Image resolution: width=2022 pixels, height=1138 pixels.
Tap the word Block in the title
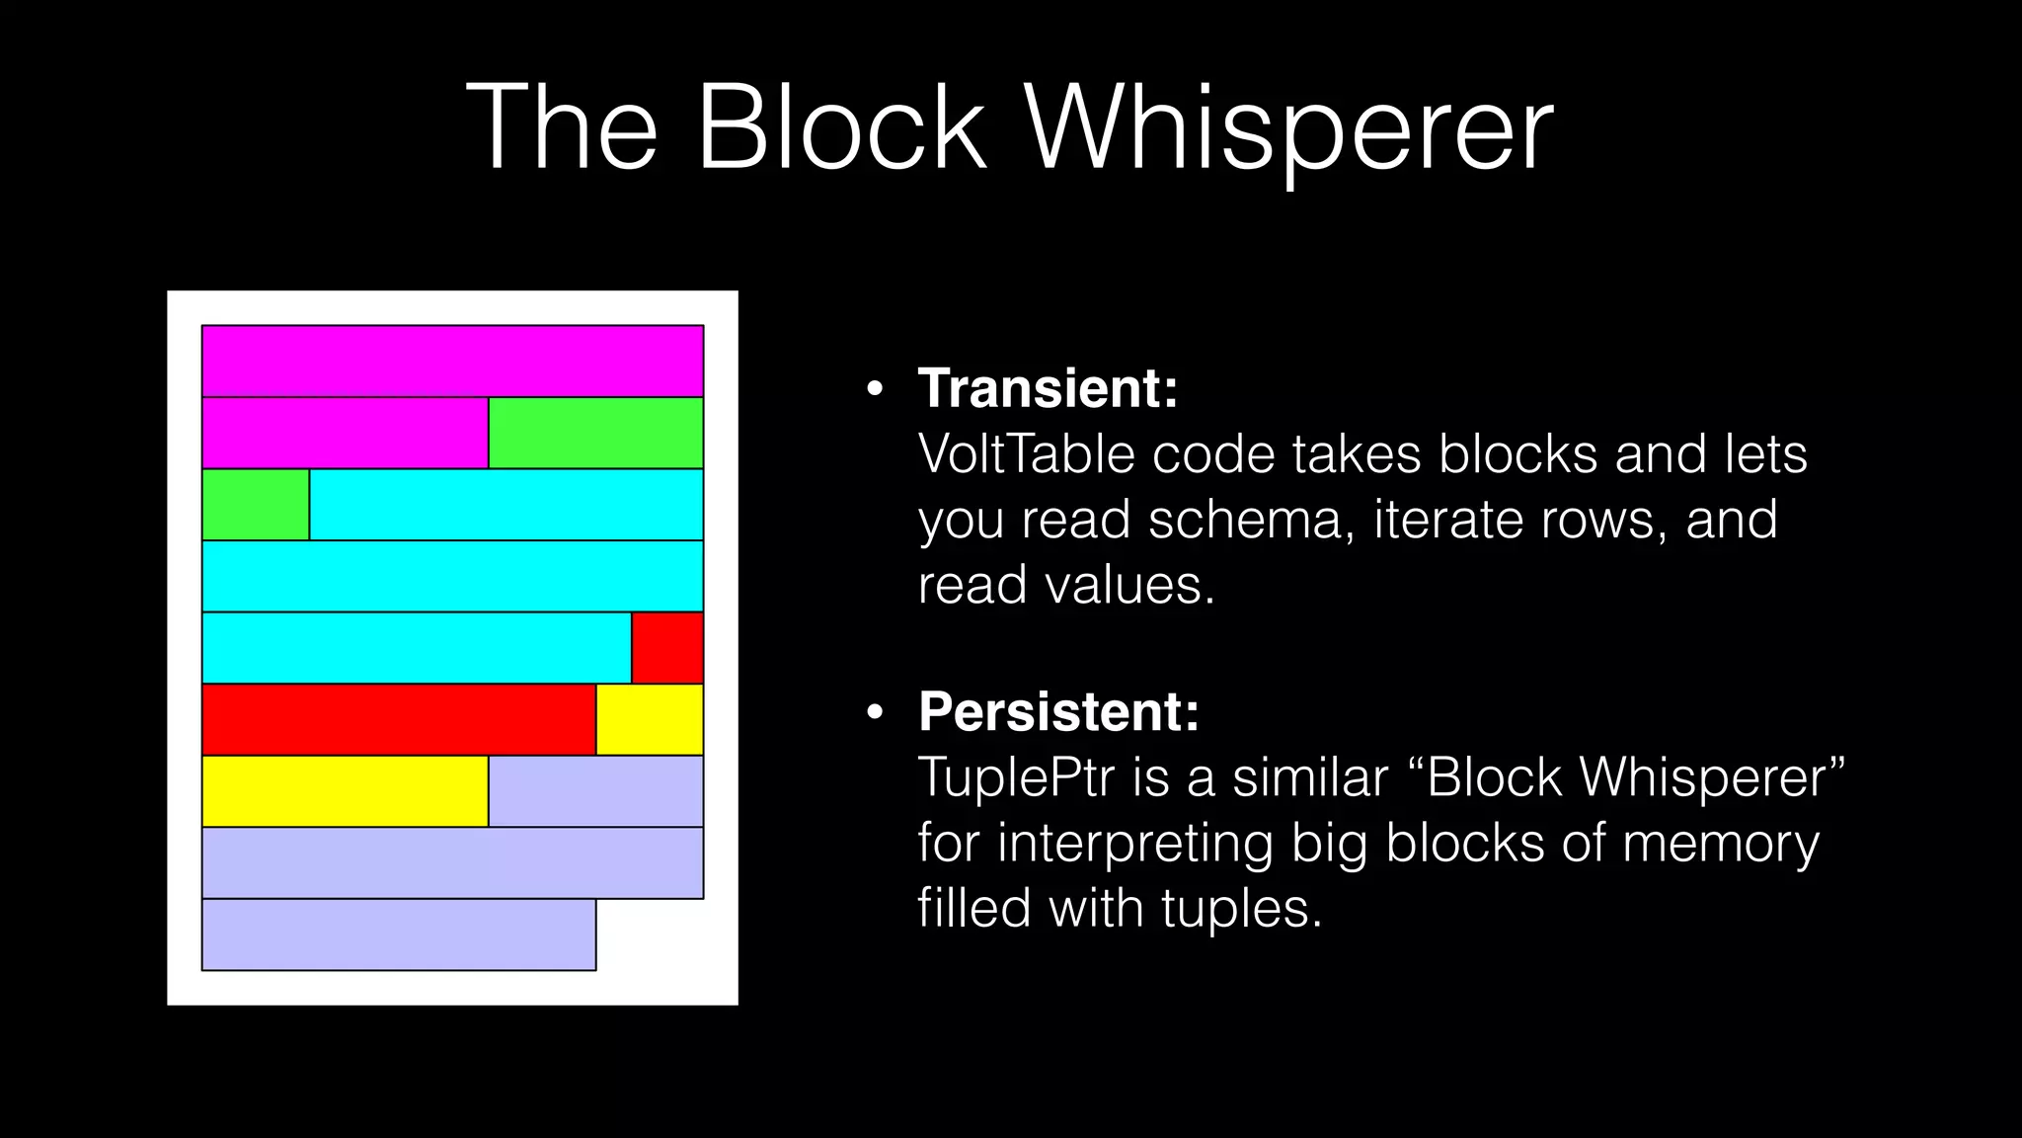[x=840, y=128]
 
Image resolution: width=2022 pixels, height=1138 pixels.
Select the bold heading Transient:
[x=1049, y=388]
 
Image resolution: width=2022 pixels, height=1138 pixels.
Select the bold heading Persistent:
[x=1058, y=711]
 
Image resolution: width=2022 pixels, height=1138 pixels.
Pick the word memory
[x=1720, y=843]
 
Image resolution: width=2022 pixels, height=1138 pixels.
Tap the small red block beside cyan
[x=667, y=648]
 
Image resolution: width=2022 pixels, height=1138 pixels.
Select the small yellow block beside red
[x=650, y=719]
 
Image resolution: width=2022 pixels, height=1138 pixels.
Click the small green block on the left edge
[x=256, y=505]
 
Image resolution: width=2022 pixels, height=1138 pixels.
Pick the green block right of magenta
[x=595, y=433]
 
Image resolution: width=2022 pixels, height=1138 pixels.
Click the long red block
[x=399, y=719]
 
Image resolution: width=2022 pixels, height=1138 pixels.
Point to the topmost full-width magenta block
[x=452, y=362]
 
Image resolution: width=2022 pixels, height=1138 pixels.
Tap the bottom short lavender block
[x=399, y=935]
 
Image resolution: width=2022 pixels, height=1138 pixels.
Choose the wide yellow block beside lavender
[x=345, y=791]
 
